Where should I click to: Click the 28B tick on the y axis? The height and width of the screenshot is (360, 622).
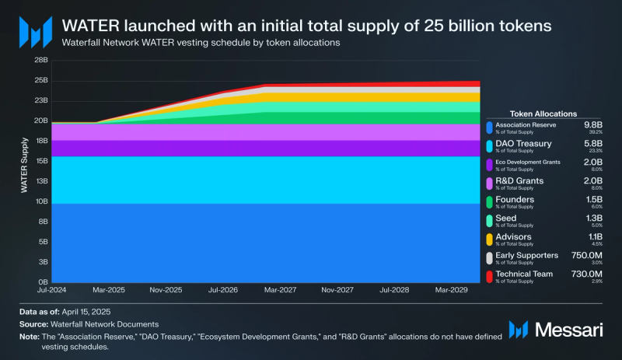coord(41,60)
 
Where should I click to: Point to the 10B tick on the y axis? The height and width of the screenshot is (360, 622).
coord(41,201)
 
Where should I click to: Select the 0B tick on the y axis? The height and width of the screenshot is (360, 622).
coord(43,282)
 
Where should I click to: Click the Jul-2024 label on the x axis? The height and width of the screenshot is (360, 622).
coord(51,290)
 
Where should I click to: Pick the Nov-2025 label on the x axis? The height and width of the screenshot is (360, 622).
coord(166,290)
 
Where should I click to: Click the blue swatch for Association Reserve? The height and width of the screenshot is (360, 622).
coord(488,128)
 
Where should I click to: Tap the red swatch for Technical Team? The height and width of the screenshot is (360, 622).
coord(488,277)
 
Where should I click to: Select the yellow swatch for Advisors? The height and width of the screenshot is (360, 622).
coord(488,239)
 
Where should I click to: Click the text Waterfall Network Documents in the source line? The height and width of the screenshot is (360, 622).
coord(103,323)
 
